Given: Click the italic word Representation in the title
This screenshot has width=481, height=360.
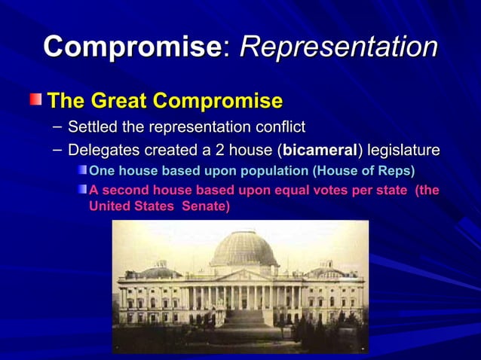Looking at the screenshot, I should click(339, 47).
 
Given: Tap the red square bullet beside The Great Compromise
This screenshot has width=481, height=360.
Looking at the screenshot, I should click(36, 99).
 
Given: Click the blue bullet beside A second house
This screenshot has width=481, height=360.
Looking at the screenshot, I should click(82, 189).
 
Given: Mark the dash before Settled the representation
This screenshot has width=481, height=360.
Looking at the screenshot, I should click(57, 125).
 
